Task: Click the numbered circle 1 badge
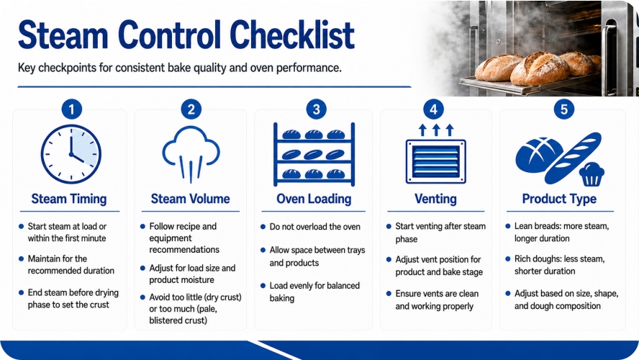(x=72, y=109)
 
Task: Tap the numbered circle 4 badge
(x=434, y=109)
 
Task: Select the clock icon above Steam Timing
(x=71, y=155)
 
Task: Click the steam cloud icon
(x=191, y=153)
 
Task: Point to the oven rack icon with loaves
(x=314, y=154)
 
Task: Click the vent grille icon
(x=435, y=161)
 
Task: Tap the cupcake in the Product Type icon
(x=592, y=174)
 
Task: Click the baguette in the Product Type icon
(x=573, y=158)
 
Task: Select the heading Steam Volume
(x=190, y=199)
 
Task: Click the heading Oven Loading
(x=314, y=199)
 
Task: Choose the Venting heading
(x=435, y=199)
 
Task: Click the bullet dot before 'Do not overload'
(x=263, y=227)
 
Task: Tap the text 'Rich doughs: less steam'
(x=560, y=259)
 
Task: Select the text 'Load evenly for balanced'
(x=314, y=286)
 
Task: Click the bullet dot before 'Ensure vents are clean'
(x=389, y=294)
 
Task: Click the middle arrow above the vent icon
(x=436, y=130)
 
